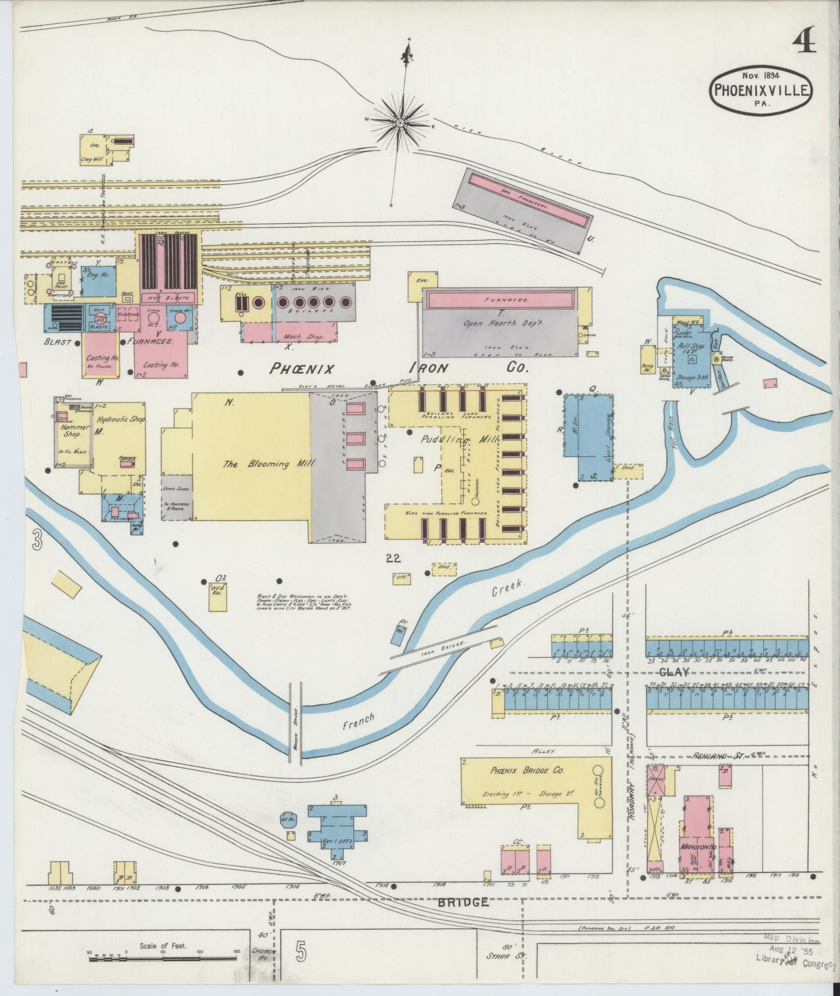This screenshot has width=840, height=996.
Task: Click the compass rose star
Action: [x=401, y=123]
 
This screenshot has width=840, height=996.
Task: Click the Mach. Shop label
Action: [x=299, y=336]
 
